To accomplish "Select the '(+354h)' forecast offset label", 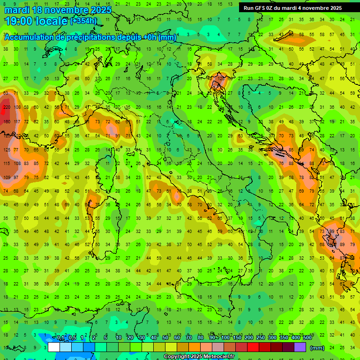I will [x=83, y=21].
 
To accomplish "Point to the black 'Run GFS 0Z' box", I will [x=292, y=7].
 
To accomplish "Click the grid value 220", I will [x=7, y=107].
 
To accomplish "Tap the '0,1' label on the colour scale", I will [x=60, y=338].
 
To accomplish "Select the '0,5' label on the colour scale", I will [x=72, y=338].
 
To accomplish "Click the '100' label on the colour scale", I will [x=225, y=338].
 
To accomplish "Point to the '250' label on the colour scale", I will [x=260, y=338].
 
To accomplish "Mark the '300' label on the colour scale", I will [x=272, y=338].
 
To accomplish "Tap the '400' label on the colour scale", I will [x=295, y=338].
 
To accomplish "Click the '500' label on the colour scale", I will [x=307, y=338].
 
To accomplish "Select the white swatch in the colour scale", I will [x=54, y=347].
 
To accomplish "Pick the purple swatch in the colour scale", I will [x=300, y=347].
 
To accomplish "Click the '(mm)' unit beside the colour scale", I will [x=317, y=348].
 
